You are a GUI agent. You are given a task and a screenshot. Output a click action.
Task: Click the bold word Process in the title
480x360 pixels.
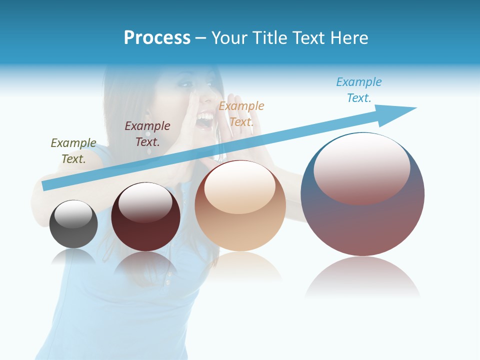point(157,38)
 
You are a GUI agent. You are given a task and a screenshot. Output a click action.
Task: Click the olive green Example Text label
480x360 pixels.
point(73,151)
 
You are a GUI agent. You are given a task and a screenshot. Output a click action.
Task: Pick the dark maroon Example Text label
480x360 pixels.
point(147,134)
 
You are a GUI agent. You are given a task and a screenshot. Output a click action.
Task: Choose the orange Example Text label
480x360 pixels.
point(241,114)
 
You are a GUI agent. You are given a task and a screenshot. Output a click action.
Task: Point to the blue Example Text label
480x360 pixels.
point(359,90)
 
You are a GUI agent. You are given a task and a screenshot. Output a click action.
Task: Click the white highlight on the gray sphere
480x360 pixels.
point(73,214)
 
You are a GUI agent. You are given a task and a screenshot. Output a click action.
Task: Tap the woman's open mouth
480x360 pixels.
point(205,120)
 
